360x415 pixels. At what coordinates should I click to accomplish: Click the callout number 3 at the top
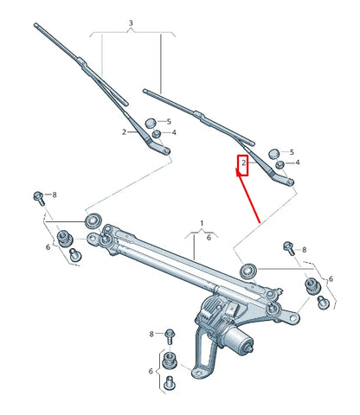(130, 22)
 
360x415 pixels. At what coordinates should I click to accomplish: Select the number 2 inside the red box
(244, 163)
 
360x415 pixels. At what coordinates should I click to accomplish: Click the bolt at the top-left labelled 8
(39, 196)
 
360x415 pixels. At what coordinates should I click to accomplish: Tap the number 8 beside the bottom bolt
(151, 334)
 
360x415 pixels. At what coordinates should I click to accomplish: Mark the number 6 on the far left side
(48, 247)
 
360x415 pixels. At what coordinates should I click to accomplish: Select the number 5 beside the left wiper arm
(168, 121)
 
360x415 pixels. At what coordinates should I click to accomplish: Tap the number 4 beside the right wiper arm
(298, 163)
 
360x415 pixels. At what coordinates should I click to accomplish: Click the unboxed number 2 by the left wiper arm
(124, 131)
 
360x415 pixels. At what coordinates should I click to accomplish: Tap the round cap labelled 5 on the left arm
(150, 122)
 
